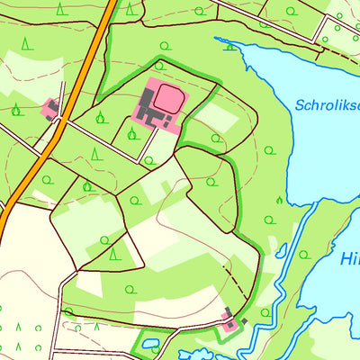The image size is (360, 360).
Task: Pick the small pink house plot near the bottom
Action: click(231, 321)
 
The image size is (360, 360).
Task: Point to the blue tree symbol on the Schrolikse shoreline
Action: click(230, 42)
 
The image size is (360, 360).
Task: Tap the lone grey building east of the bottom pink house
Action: click(244, 321)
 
